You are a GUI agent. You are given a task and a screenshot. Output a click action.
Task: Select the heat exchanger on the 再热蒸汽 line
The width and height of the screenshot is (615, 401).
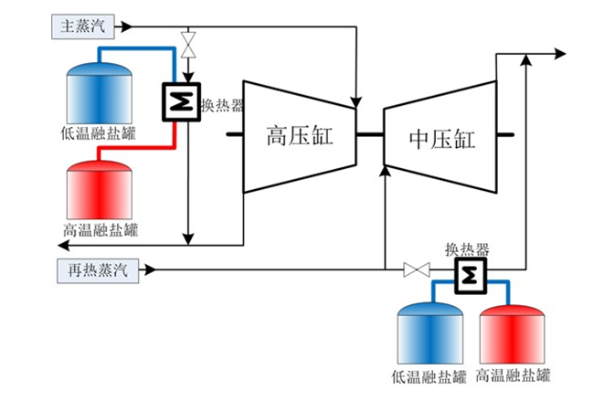[x=472, y=272]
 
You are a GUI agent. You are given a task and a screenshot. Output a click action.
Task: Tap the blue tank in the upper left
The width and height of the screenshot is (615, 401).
[x=101, y=94]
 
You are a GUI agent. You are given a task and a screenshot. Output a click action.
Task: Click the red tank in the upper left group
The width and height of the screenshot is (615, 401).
[x=101, y=190]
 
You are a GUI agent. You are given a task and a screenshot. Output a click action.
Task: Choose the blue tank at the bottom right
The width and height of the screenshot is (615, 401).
[x=427, y=334]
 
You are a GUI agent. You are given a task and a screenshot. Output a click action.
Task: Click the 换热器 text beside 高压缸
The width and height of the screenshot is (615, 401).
[x=222, y=106]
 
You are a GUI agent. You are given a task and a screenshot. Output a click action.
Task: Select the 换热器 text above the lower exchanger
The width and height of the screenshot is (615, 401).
[x=467, y=248]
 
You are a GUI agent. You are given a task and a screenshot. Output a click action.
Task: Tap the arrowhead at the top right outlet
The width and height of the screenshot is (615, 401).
[x=559, y=55]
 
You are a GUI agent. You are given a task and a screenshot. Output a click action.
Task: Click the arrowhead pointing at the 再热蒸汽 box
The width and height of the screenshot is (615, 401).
[x=148, y=269]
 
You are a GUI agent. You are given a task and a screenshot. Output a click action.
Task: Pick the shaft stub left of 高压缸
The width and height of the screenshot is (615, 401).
[x=233, y=136]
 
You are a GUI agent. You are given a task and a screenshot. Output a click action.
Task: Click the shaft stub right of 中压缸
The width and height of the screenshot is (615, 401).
[x=505, y=136]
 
